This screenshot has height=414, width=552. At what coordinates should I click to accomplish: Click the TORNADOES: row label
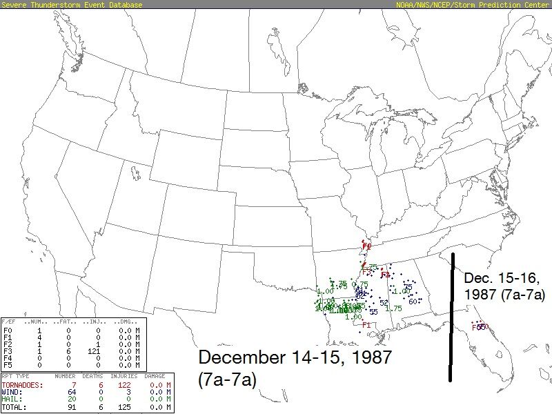(21, 384)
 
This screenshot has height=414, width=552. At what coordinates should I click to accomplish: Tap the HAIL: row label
(12, 398)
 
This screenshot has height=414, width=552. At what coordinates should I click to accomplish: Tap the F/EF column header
(10, 322)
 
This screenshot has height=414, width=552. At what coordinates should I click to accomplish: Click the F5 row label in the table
(7, 364)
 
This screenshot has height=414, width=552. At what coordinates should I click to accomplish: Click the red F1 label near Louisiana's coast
(366, 325)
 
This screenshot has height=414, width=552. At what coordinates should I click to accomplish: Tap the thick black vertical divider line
(451, 317)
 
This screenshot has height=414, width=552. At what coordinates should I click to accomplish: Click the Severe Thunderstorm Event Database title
(72, 5)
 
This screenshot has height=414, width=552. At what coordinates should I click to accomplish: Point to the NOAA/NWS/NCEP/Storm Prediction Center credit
(473, 5)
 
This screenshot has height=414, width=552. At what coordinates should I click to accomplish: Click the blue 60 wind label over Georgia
(413, 301)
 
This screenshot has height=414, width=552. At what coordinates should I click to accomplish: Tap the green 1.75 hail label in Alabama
(393, 308)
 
